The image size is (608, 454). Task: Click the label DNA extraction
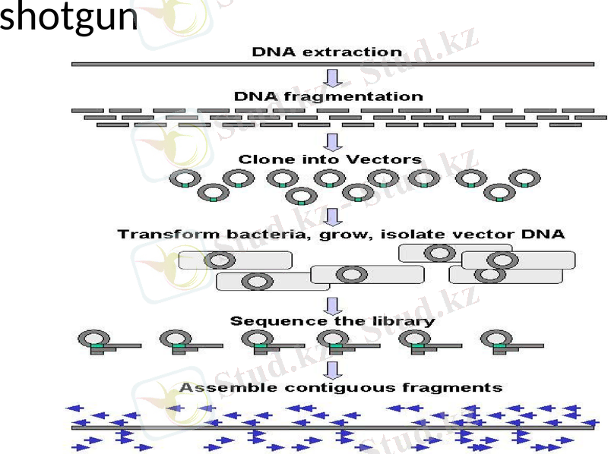pyautogui.click(x=327, y=52)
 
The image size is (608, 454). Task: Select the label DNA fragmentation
pyautogui.click(x=328, y=96)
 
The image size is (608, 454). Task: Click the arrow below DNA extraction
pyautogui.click(x=332, y=78)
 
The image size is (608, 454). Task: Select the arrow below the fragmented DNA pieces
pyautogui.click(x=332, y=141)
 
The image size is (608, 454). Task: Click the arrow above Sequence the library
pyautogui.click(x=332, y=305)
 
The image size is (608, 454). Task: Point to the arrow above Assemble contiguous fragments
pyautogui.click(x=332, y=370)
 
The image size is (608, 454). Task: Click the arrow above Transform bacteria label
pyautogui.click(x=332, y=217)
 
